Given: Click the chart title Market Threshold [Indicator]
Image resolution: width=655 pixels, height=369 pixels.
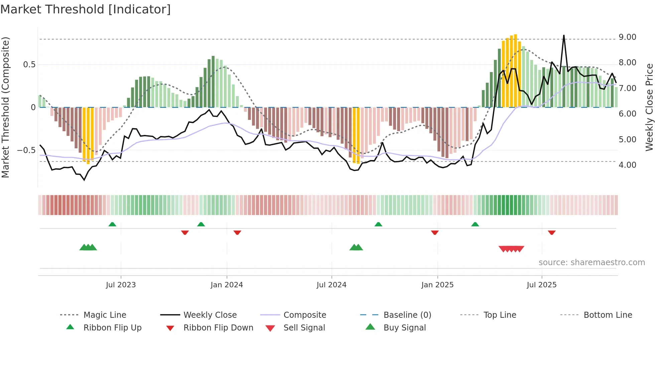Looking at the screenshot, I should click(86, 9).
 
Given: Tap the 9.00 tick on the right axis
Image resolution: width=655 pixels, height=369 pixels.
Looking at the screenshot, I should click(627, 37).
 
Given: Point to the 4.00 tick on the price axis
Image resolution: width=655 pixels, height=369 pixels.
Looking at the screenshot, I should click(627, 165).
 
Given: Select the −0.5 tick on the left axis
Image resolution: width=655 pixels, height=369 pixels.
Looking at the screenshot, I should click(26, 150).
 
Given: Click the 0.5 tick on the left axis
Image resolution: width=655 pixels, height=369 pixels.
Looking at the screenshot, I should click(29, 65).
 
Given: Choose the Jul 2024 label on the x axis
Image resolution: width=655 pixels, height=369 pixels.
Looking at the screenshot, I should click(331, 285).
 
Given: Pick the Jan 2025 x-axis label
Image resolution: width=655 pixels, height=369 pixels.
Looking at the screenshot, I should click(437, 285).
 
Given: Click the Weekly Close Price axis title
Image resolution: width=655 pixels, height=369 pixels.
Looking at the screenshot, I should click(649, 107).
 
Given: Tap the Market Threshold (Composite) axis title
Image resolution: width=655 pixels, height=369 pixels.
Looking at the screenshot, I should click(5, 107).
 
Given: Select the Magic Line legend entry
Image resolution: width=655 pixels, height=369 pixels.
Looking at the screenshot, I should click(105, 315).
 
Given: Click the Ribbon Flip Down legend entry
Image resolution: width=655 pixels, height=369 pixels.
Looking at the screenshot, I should click(218, 328).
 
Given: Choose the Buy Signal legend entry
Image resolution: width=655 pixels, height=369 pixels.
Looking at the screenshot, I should click(404, 328).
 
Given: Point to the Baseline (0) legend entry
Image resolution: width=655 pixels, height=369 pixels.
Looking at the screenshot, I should click(407, 315).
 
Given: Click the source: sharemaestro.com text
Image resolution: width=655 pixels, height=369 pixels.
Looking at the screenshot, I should click(592, 263).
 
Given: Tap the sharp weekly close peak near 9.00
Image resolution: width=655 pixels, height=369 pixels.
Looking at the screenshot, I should click(564, 35).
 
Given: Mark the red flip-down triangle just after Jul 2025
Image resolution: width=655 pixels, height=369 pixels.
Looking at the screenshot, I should click(552, 232).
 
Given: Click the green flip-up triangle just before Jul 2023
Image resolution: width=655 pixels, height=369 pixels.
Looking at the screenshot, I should click(112, 224).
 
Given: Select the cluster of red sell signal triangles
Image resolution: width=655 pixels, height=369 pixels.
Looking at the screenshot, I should click(511, 249).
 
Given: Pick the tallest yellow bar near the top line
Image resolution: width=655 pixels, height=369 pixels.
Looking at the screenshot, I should click(516, 70).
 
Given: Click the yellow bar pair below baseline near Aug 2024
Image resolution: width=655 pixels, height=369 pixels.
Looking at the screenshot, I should click(356, 135).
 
